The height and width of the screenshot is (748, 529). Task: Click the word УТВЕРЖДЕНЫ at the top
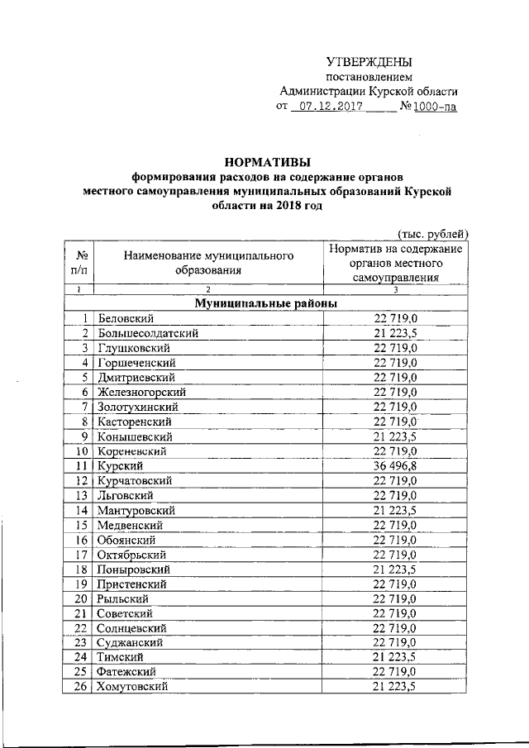(x=369, y=62)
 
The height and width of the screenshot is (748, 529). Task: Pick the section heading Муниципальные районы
(x=265, y=303)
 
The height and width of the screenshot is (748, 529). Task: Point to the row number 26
(x=81, y=687)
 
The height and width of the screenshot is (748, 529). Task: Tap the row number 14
(x=81, y=511)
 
